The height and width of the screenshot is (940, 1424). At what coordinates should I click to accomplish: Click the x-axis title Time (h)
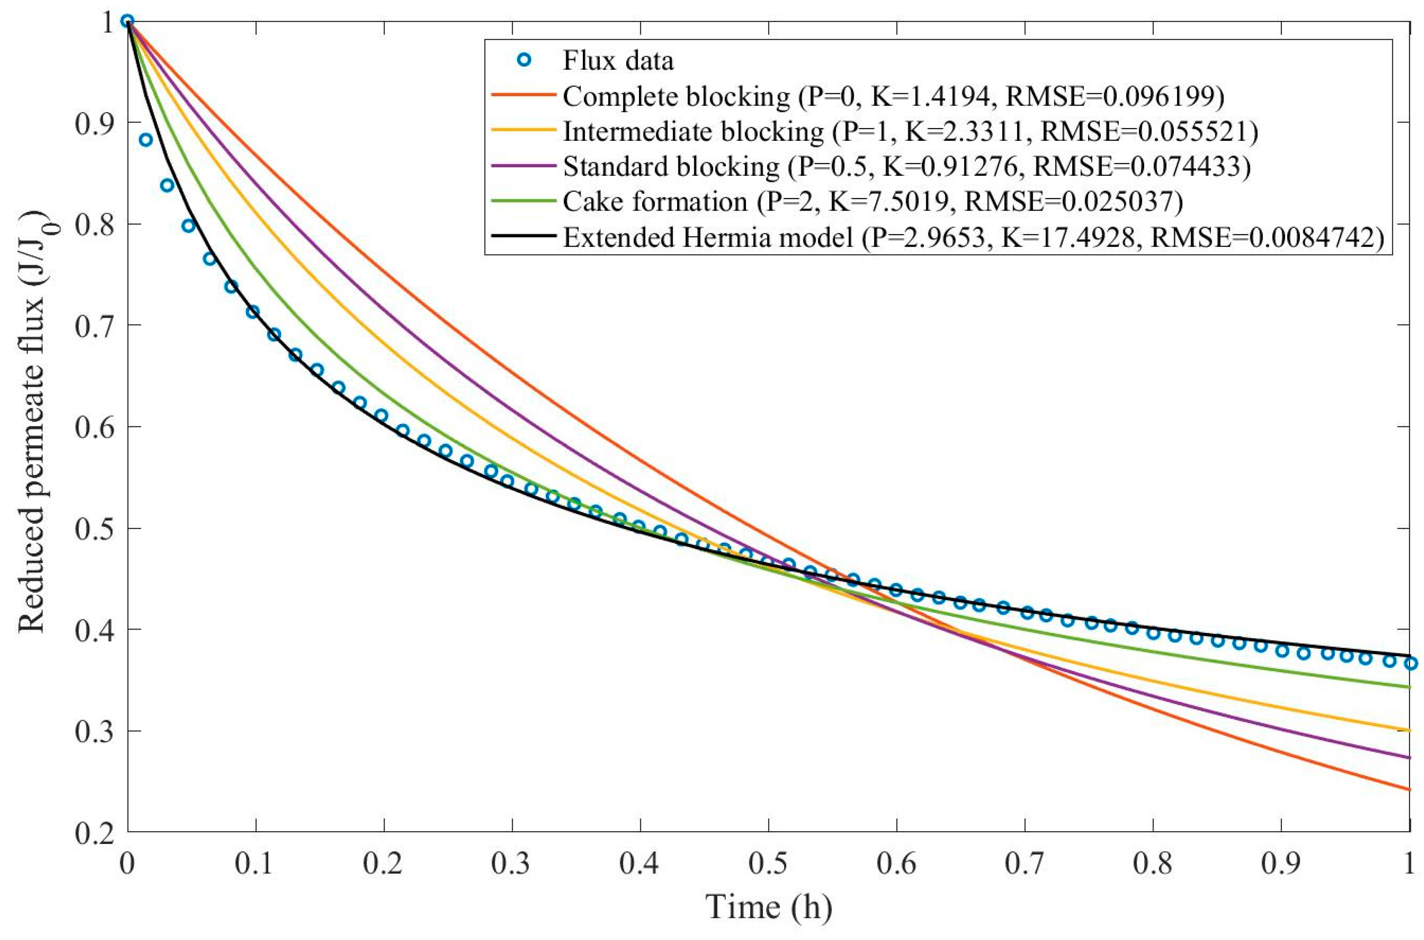[x=769, y=907]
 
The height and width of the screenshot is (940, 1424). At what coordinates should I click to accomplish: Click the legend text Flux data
[x=618, y=61]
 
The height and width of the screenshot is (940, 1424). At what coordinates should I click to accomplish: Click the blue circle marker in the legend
[x=525, y=60]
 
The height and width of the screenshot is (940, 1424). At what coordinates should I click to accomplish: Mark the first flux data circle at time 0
[x=127, y=21]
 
